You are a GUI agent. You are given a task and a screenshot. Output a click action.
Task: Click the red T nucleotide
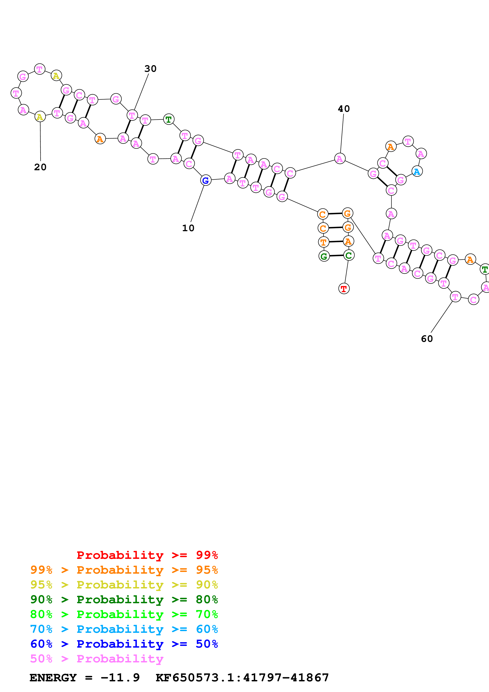pyautogui.click(x=344, y=289)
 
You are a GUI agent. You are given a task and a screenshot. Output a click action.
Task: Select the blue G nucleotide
pyautogui.click(x=206, y=180)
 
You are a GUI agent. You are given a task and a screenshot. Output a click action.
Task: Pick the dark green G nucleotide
pyautogui.click(x=324, y=256)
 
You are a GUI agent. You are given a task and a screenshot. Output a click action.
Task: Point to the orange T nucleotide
pyautogui.click(x=324, y=242)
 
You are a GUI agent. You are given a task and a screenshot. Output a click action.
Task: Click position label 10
pyautogui.click(x=188, y=228)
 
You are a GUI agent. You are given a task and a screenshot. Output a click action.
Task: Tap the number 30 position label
pyautogui.click(x=150, y=69)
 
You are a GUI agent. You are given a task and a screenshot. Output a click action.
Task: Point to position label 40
pyautogui.click(x=344, y=109)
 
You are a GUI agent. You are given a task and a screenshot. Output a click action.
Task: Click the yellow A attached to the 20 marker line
pyautogui.click(x=40, y=117)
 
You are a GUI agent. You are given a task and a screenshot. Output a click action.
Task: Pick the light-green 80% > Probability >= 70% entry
pyautogui.click(x=124, y=614)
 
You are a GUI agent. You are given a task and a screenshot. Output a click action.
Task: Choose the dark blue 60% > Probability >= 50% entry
pyautogui.click(x=124, y=644)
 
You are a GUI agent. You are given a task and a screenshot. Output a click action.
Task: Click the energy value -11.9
pyautogui.click(x=120, y=678)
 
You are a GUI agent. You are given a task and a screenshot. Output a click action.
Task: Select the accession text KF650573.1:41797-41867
pyautogui.click(x=242, y=678)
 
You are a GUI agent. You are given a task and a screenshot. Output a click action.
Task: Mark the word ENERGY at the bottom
pyautogui.click(x=53, y=678)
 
